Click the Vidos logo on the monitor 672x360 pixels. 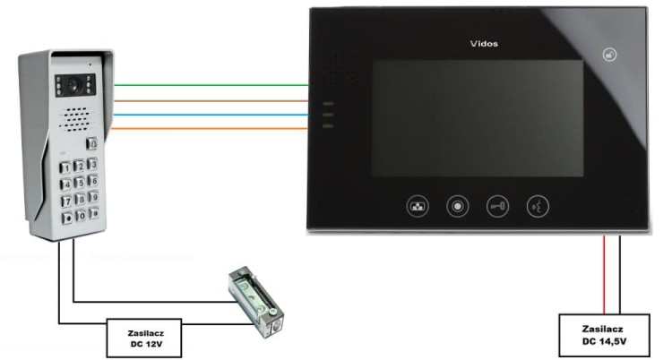pos(484,44)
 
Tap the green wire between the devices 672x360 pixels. pos(211,85)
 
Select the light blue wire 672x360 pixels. pos(210,115)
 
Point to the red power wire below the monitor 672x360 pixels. pos(604,275)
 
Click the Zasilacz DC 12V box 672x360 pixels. pos(144,339)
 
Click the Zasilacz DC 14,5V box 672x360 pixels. pos(604,335)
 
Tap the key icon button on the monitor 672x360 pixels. pos(497,207)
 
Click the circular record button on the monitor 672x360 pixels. pos(457,207)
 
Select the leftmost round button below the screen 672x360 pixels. pos(418,207)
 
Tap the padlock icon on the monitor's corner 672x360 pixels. pos(609,55)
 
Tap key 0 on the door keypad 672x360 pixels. pos(81,216)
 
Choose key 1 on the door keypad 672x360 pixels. pos(65,167)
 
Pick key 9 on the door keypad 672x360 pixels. pos(93,197)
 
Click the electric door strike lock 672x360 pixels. pos(256,302)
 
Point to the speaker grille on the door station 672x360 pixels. pos(76,119)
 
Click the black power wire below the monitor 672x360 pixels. pos(619,275)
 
